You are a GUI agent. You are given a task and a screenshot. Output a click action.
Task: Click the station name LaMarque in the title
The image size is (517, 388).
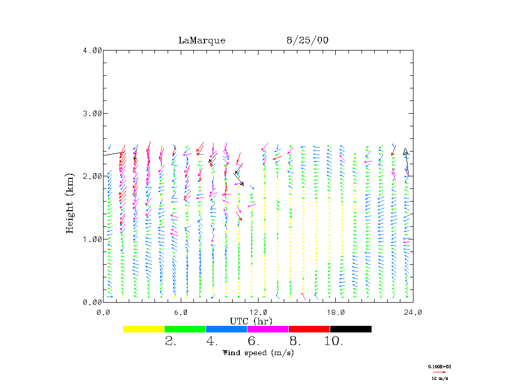coord(201,40)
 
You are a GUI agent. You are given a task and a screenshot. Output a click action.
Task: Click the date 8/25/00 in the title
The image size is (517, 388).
coord(307,40)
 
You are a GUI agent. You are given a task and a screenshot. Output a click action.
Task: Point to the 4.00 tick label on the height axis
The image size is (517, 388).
coord(92,50)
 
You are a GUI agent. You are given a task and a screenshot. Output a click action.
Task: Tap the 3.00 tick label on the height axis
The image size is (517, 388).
coord(92,113)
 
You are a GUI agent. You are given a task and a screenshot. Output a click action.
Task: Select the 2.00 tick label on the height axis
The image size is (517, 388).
coord(92,176)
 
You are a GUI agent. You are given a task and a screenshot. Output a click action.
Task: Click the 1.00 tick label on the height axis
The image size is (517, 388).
coord(92,239)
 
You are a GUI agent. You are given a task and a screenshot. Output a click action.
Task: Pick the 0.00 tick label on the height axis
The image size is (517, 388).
coord(92,302)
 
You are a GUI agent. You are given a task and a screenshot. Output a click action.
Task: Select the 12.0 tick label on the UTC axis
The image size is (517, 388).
coord(258,312)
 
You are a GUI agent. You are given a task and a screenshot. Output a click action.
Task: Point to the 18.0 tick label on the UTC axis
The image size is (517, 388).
coord(336,312)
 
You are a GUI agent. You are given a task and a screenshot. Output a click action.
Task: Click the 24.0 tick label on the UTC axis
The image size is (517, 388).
coord(413,312)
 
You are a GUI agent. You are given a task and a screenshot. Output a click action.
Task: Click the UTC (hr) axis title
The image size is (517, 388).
coord(251,321)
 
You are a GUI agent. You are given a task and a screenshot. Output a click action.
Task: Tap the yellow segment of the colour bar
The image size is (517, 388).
coord(144,329)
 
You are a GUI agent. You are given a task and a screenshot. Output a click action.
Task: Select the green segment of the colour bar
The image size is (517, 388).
coord(185,329)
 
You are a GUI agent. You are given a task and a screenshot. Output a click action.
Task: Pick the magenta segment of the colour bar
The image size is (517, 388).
coord(268,329)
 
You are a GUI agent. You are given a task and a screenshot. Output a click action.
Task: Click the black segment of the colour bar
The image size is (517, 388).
coord(350,329)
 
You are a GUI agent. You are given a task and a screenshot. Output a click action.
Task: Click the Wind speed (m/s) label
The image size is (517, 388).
coord(258,353)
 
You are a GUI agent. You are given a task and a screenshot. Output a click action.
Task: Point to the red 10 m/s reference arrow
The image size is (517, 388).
coord(439,372)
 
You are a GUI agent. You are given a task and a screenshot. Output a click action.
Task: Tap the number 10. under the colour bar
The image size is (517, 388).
coord(334,342)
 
